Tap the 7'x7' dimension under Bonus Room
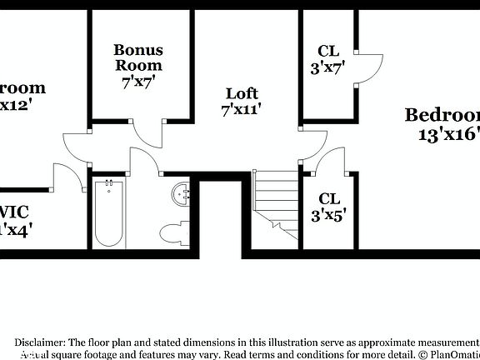(x=138, y=82)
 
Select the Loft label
(x=242, y=93)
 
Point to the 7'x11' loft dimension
(x=242, y=109)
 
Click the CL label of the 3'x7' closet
(x=327, y=52)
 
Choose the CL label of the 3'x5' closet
(x=329, y=198)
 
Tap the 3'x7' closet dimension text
(x=327, y=69)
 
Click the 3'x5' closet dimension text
(x=329, y=215)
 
